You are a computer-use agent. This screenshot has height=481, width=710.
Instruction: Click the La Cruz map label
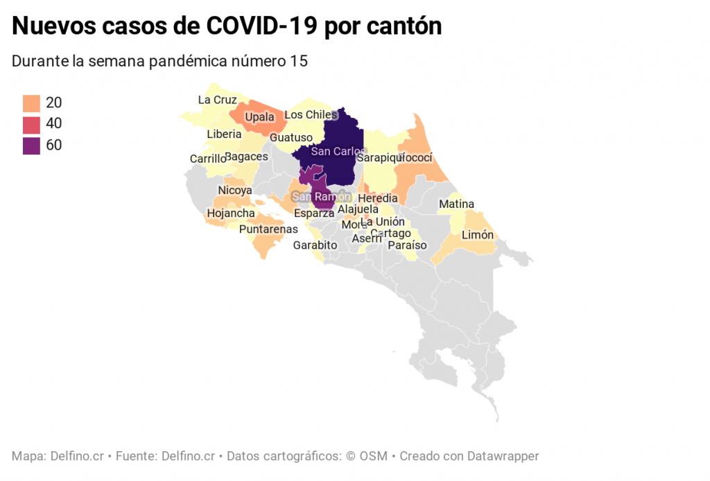click(217, 100)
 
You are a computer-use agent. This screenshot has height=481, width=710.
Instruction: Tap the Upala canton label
click(260, 117)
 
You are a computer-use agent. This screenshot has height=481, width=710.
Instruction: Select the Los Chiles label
click(311, 114)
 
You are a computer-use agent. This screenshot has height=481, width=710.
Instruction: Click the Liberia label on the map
click(224, 134)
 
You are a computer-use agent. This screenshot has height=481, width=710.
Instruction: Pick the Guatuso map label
click(291, 137)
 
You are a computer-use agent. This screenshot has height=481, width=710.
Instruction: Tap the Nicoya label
click(235, 190)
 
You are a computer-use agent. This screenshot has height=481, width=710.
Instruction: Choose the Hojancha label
click(231, 213)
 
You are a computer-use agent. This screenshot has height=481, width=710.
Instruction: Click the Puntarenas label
click(268, 229)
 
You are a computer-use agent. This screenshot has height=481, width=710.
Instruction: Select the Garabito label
click(315, 245)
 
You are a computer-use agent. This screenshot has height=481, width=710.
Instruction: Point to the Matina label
click(456, 204)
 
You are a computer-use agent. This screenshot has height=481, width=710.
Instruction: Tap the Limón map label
click(478, 235)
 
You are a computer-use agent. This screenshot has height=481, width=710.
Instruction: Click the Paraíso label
click(407, 245)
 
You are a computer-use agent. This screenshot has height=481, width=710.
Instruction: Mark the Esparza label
click(314, 213)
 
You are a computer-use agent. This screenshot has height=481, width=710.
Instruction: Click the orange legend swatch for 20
click(31, 103)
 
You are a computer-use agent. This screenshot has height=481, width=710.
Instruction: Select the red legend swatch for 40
click(31, 125)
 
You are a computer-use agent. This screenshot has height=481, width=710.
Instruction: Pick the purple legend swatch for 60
click(31, 146)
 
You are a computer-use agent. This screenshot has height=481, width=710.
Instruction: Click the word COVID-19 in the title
click(262, 26)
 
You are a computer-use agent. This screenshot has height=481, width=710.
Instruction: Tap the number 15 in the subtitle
click(299, 61)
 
